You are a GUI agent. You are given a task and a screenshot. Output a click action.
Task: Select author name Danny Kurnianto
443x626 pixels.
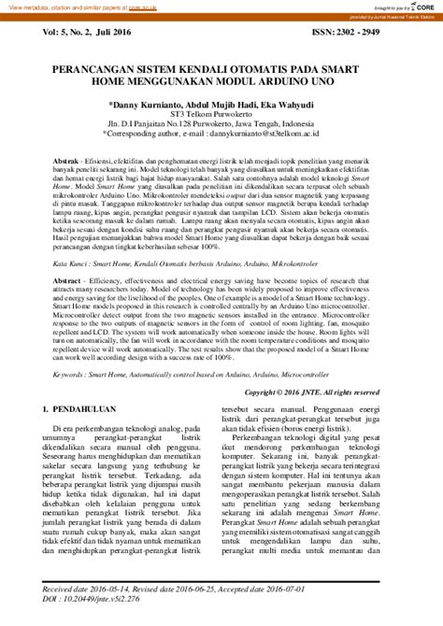click(148, 105)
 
